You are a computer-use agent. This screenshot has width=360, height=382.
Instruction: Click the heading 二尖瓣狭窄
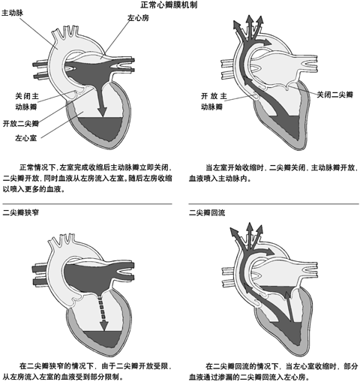point(21,213)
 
